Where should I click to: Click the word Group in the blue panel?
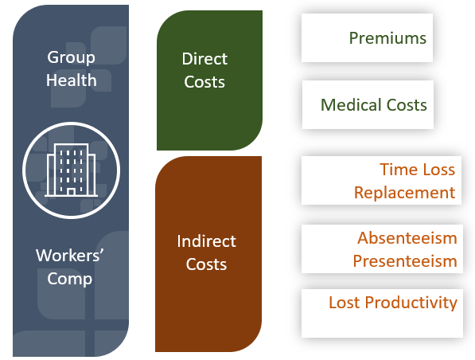coord(71,57)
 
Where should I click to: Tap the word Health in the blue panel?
coord(72,80)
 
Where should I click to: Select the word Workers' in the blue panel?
coord(70,256)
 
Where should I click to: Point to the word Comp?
coord(70,279)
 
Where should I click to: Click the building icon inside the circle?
coord(71,170)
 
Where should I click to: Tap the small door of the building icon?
coord(71,192)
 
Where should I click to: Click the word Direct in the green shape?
coord(204,58)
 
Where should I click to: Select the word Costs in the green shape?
coord(204,82)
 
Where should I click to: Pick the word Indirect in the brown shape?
coord(206,241)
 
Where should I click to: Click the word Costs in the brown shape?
coord(206,264)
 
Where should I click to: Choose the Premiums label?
coord(387,38)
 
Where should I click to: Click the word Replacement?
coord(405,193)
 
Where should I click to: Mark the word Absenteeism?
coord(407,238)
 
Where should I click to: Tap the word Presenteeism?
coord(405,261)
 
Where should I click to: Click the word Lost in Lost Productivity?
coord(345,303)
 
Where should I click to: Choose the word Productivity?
coord(411,303)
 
